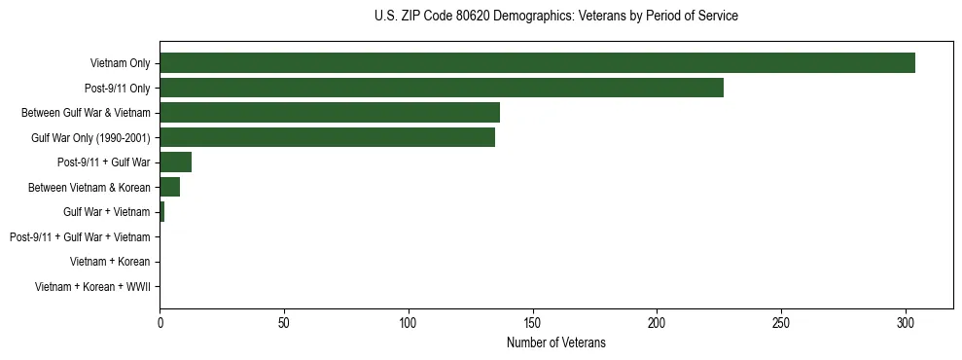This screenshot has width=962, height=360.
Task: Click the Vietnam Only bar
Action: click(537, 63)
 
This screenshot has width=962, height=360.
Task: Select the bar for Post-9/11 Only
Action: click(442, 88)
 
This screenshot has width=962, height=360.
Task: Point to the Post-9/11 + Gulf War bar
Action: click(176, 162)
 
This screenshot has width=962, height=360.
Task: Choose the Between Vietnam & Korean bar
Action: click(170, 187)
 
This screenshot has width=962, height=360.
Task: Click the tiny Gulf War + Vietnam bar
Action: click(162, 212)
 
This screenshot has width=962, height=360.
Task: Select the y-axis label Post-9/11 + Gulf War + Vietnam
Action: click(80, 237)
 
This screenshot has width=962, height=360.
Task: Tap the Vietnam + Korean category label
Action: click(110, 262)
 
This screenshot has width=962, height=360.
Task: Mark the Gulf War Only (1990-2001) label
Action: click(90, 137)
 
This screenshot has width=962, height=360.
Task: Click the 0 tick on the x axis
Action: click(160, 322)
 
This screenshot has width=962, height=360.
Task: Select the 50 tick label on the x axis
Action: click(284, 322)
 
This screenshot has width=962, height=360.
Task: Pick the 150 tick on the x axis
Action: click(532, 322)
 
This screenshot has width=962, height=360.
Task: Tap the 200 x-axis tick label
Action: click(657, 322)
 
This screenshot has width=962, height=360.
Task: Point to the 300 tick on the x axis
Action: click(906, 322)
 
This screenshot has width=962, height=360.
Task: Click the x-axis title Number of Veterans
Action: click(555, 342)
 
